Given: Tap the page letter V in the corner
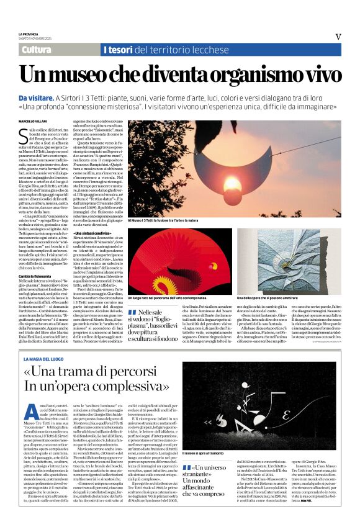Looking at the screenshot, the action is [338, 36].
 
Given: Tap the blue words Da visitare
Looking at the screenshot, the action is [35, 97].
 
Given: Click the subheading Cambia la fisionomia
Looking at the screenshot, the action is [35, 275].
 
